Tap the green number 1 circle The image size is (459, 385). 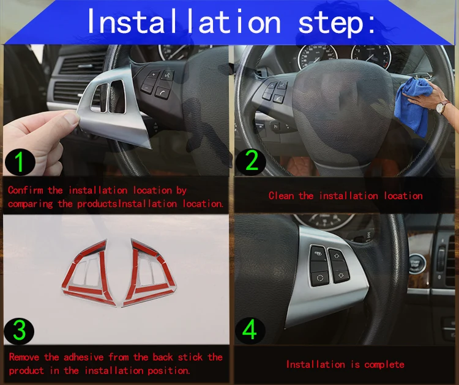(20, 162)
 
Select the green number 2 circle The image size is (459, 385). (250, 161)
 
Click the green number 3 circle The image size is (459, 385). (19, 331)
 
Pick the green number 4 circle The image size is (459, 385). (250, 331)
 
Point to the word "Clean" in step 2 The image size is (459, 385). (281, 196)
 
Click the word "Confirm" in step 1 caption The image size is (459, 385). (26, 190)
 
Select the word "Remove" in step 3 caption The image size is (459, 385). (24, 357)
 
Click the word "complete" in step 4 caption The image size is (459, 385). (384, 365)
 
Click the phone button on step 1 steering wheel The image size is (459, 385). (162, 93)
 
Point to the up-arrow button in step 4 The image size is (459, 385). (336, 256)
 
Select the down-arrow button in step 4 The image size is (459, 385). (341, 275)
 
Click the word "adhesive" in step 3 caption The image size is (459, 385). (84, 357)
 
